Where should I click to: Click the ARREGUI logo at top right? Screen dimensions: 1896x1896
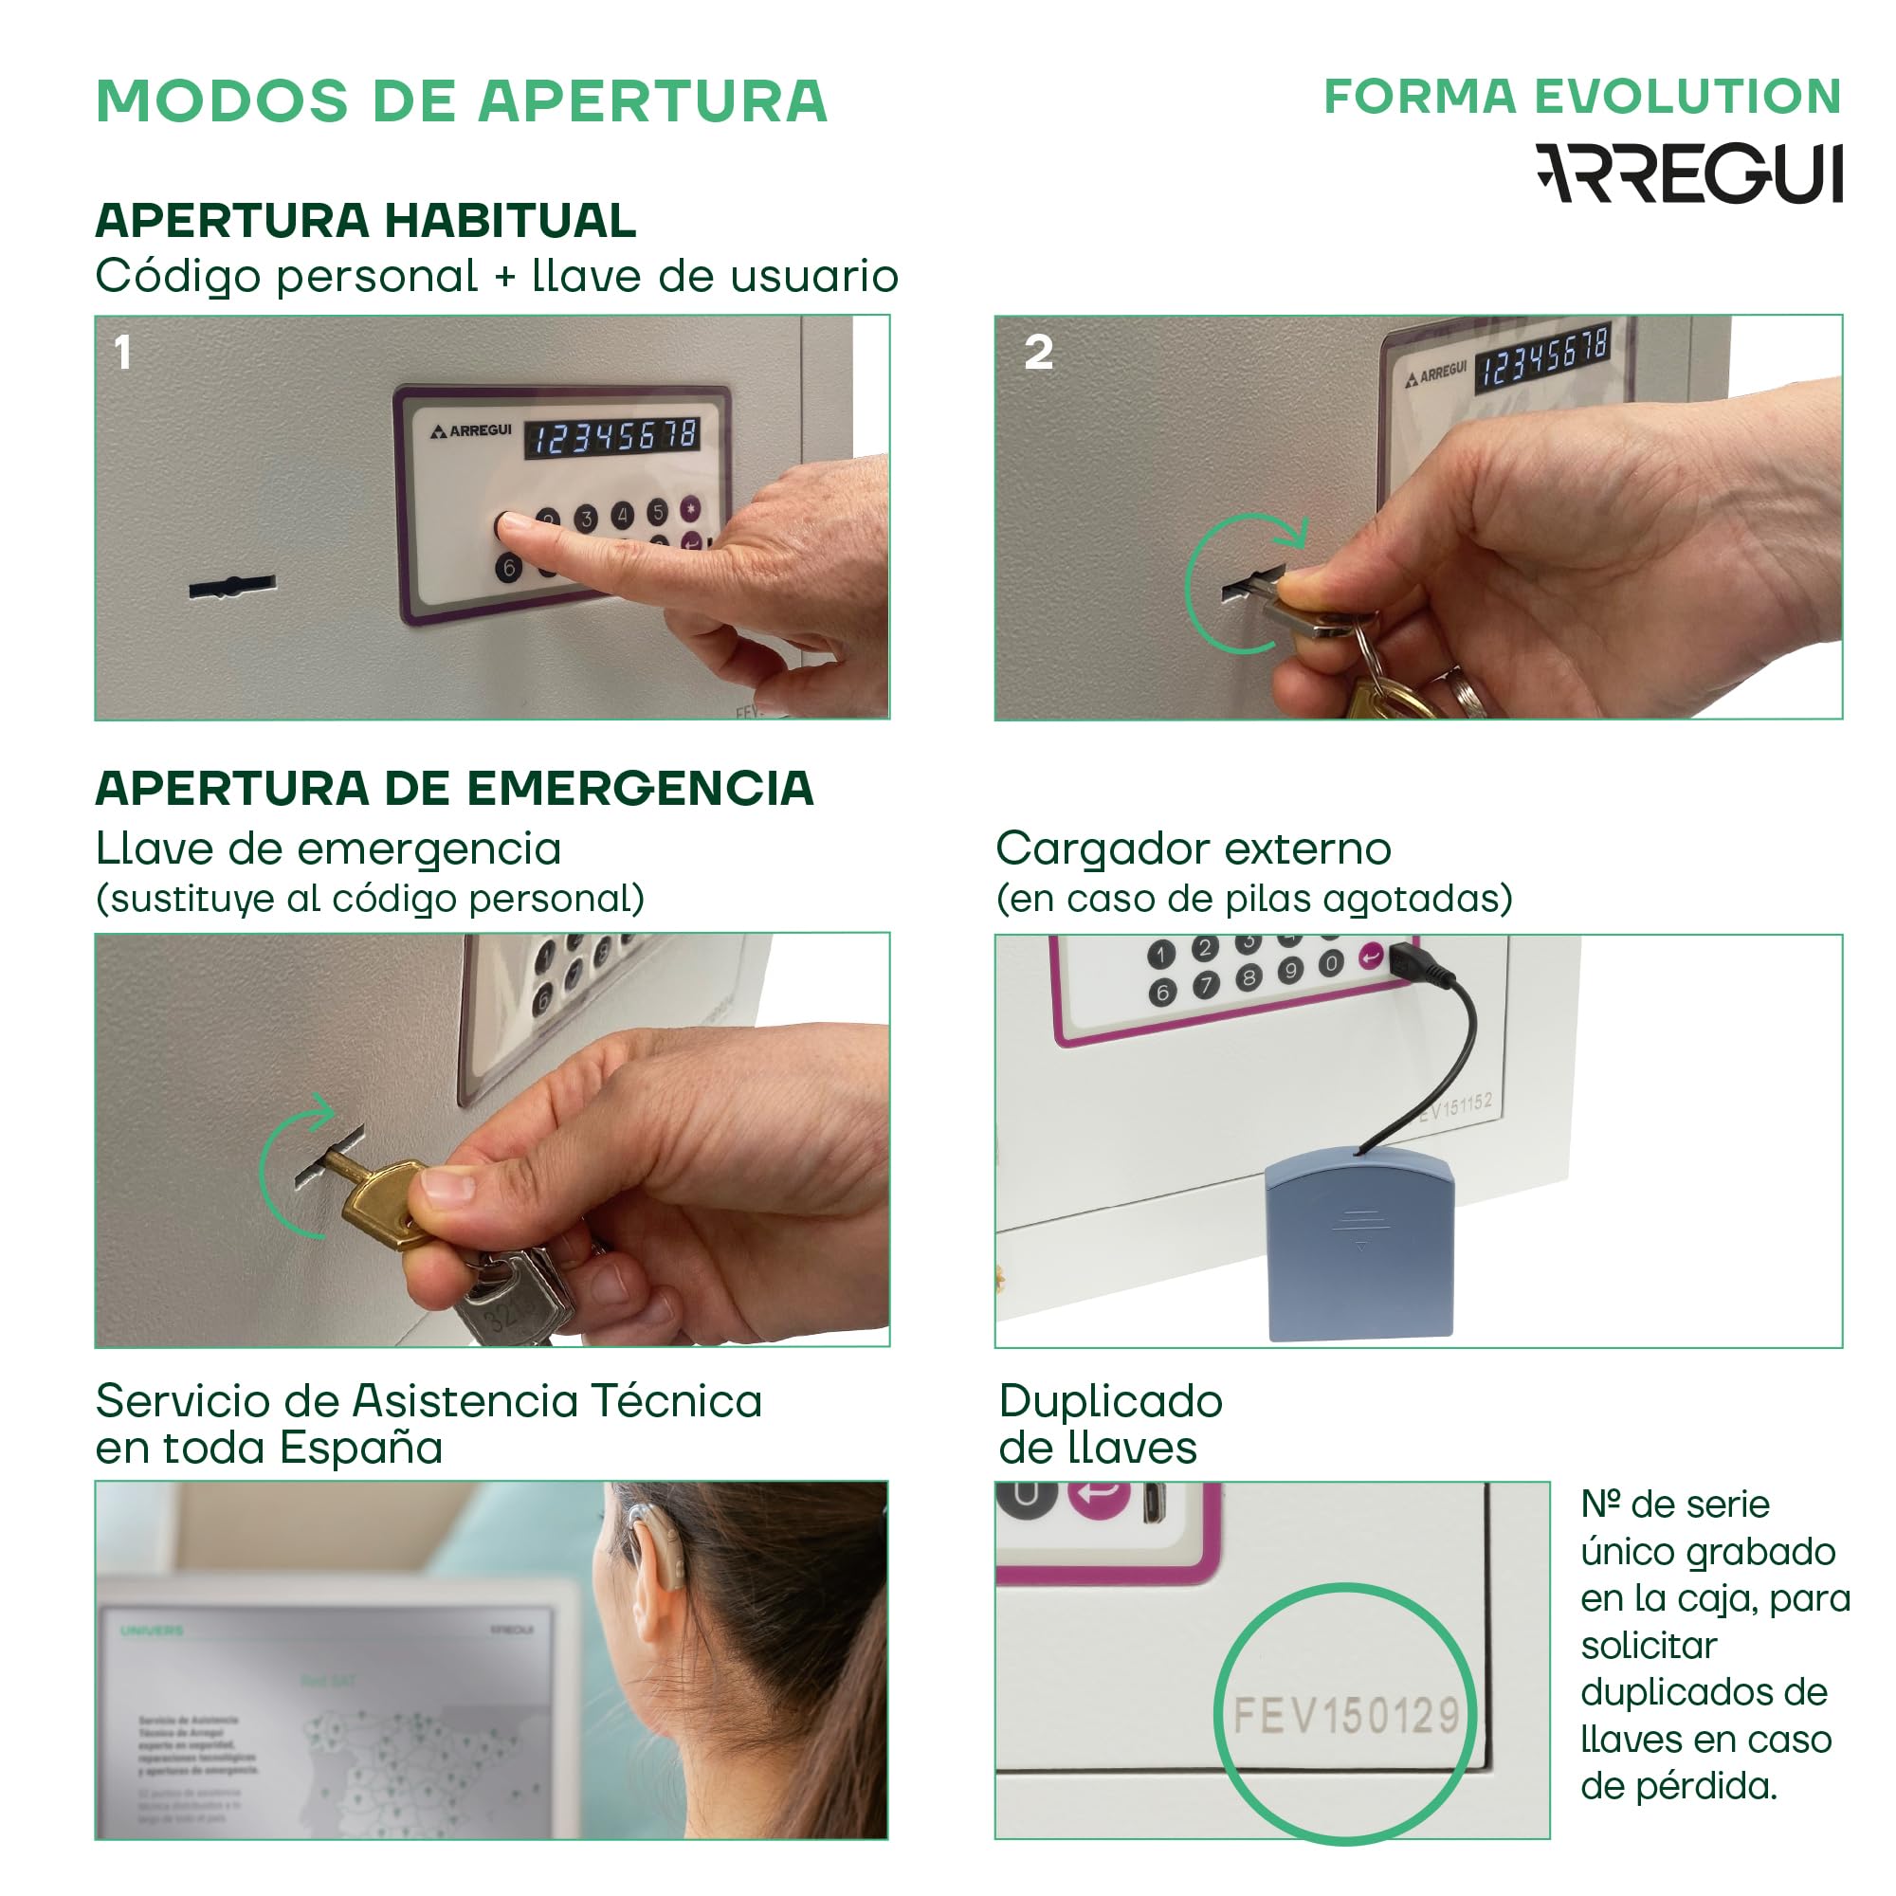pos(1688,173)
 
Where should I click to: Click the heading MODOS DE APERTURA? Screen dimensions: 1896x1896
pos(462,101)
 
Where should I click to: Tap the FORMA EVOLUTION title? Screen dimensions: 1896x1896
pos(1582,96)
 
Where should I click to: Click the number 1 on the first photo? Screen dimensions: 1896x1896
pos(122,353)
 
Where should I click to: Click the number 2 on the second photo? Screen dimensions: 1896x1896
pos(1038,353)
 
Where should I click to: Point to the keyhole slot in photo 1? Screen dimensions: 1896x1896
pos(231,587)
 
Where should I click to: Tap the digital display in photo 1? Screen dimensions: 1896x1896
pos(612,437)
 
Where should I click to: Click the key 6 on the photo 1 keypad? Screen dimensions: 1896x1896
pos(508,567)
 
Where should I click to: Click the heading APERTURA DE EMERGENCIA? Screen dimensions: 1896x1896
pos(453,788)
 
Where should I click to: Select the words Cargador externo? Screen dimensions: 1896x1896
pos(1193,848)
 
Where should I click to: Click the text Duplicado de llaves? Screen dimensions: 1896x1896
pos(1109,1424)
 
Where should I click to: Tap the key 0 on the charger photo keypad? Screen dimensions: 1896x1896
pos(1331,963)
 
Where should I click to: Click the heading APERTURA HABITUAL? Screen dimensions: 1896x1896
pos(365,220)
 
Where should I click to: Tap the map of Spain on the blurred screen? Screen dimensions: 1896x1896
pos(412,1757)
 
